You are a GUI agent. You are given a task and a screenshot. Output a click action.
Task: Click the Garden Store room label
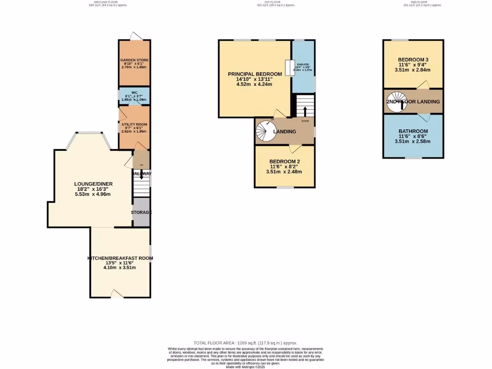coord(134,60)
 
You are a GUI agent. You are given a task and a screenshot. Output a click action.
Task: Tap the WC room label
coord(134,93)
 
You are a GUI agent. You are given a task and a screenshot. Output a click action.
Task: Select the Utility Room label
coord(134,124)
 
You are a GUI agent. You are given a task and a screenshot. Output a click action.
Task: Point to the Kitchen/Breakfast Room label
coord(120,258)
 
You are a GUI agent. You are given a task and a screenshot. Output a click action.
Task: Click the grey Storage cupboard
coord(141,212)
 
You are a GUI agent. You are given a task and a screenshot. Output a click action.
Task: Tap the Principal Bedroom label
coord(255,74)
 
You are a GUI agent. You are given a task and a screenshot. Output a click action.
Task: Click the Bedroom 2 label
coord(284,161)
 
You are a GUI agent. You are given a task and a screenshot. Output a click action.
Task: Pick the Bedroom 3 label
coord(413,59)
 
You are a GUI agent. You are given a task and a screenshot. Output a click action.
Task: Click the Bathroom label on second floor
coord(413,131)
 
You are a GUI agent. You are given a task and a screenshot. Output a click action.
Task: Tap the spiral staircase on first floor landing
coord(265,131)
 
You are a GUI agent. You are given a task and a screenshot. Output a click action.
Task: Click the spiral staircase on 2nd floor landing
coord(397,101)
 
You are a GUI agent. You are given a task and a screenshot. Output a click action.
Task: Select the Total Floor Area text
coord(246,343)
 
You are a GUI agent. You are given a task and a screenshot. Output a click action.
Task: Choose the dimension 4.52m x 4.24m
coord(255,85)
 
